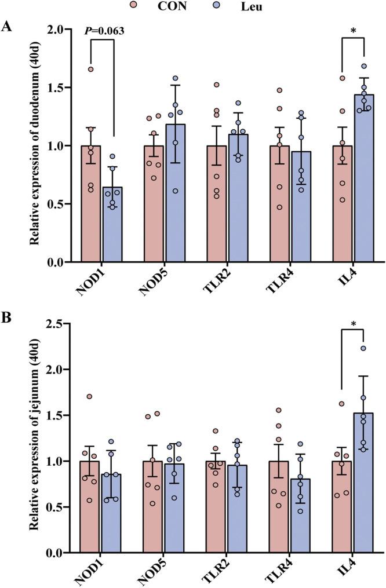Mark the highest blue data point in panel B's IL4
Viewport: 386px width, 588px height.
tap(363, 348)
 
